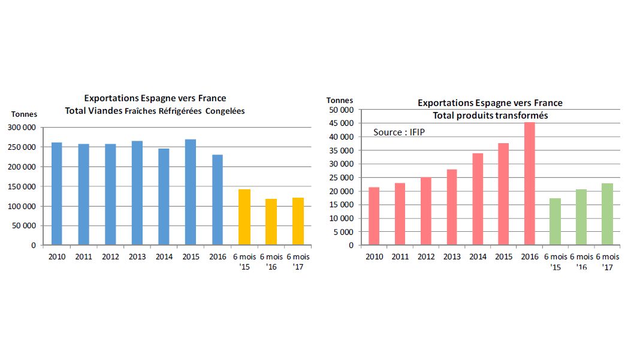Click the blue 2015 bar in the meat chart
point(190,192)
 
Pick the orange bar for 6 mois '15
point(244,217)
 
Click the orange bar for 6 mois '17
point(298,221)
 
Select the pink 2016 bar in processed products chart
point(529,183)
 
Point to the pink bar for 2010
point(374,216)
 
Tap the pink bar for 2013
point(451,207)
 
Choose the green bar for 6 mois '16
point(581,217)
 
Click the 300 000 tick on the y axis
point(21,127)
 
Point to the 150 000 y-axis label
point(21,186)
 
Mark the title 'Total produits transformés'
point(490,115)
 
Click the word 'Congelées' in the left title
point(225,111)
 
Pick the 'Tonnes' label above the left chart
point(24,114)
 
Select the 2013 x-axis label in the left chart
point(137,257)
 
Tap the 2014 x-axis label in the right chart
point(478,257)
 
